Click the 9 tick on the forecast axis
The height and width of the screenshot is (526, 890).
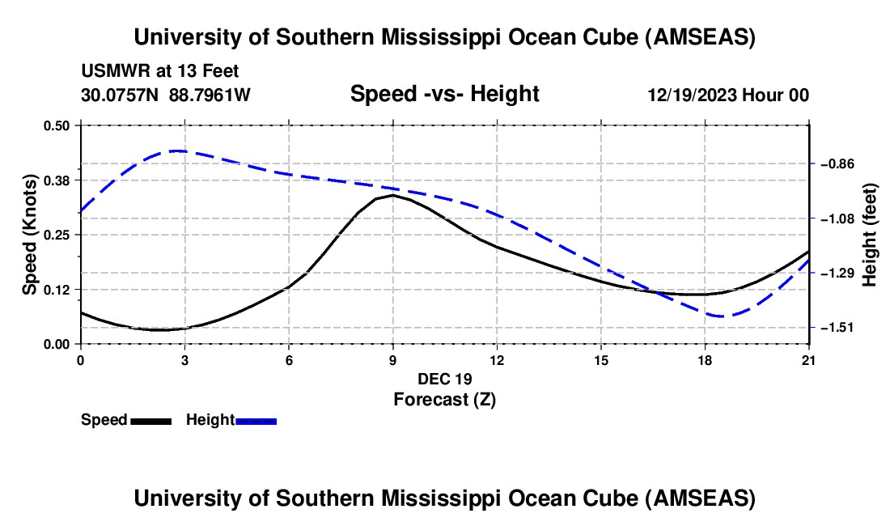click(392, 359)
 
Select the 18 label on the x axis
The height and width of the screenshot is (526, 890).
click(705, 359)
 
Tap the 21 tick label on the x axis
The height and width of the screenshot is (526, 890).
click(809, 359)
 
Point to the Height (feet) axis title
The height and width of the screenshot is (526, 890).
click(870, 235)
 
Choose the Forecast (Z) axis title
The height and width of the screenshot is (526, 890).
click(444, 399)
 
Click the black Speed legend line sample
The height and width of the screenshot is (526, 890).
click(150, 420)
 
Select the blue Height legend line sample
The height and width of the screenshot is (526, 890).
click(256, 420)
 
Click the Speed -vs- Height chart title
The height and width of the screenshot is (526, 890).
click(444, 94)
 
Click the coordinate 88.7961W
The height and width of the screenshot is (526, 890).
click(210, 95)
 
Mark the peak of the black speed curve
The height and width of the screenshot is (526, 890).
click(392, 195)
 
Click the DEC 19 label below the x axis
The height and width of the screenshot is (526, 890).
click(444, 379)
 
